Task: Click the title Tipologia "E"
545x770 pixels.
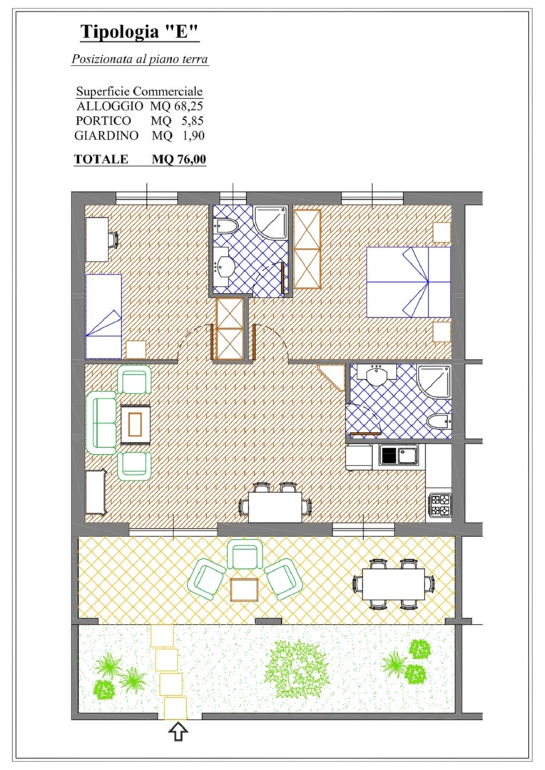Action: point(140,32)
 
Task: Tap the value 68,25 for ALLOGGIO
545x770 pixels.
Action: point(188,106)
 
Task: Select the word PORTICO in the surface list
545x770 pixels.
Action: point(103,120)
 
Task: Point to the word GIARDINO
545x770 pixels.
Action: point(106,135)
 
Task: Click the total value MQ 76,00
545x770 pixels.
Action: point(179,159)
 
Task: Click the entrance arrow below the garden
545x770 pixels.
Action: point(178,731)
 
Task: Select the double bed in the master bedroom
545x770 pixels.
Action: point(408,282)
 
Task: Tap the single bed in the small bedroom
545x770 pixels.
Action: point(103,317)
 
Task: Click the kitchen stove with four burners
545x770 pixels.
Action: point(440,505)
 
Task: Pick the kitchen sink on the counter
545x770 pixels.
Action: point(399,455)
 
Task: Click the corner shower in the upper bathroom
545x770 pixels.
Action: point(271,223)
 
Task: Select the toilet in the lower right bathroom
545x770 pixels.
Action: point(439,422)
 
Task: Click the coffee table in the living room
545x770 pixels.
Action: point(135,424)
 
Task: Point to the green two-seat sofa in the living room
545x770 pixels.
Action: point(102,422)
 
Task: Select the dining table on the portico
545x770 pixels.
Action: point(393,585)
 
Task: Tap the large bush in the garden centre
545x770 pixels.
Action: point(296,669)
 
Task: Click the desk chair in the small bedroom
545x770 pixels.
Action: point(113,239)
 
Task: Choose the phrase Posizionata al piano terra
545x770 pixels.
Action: point(140,59)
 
